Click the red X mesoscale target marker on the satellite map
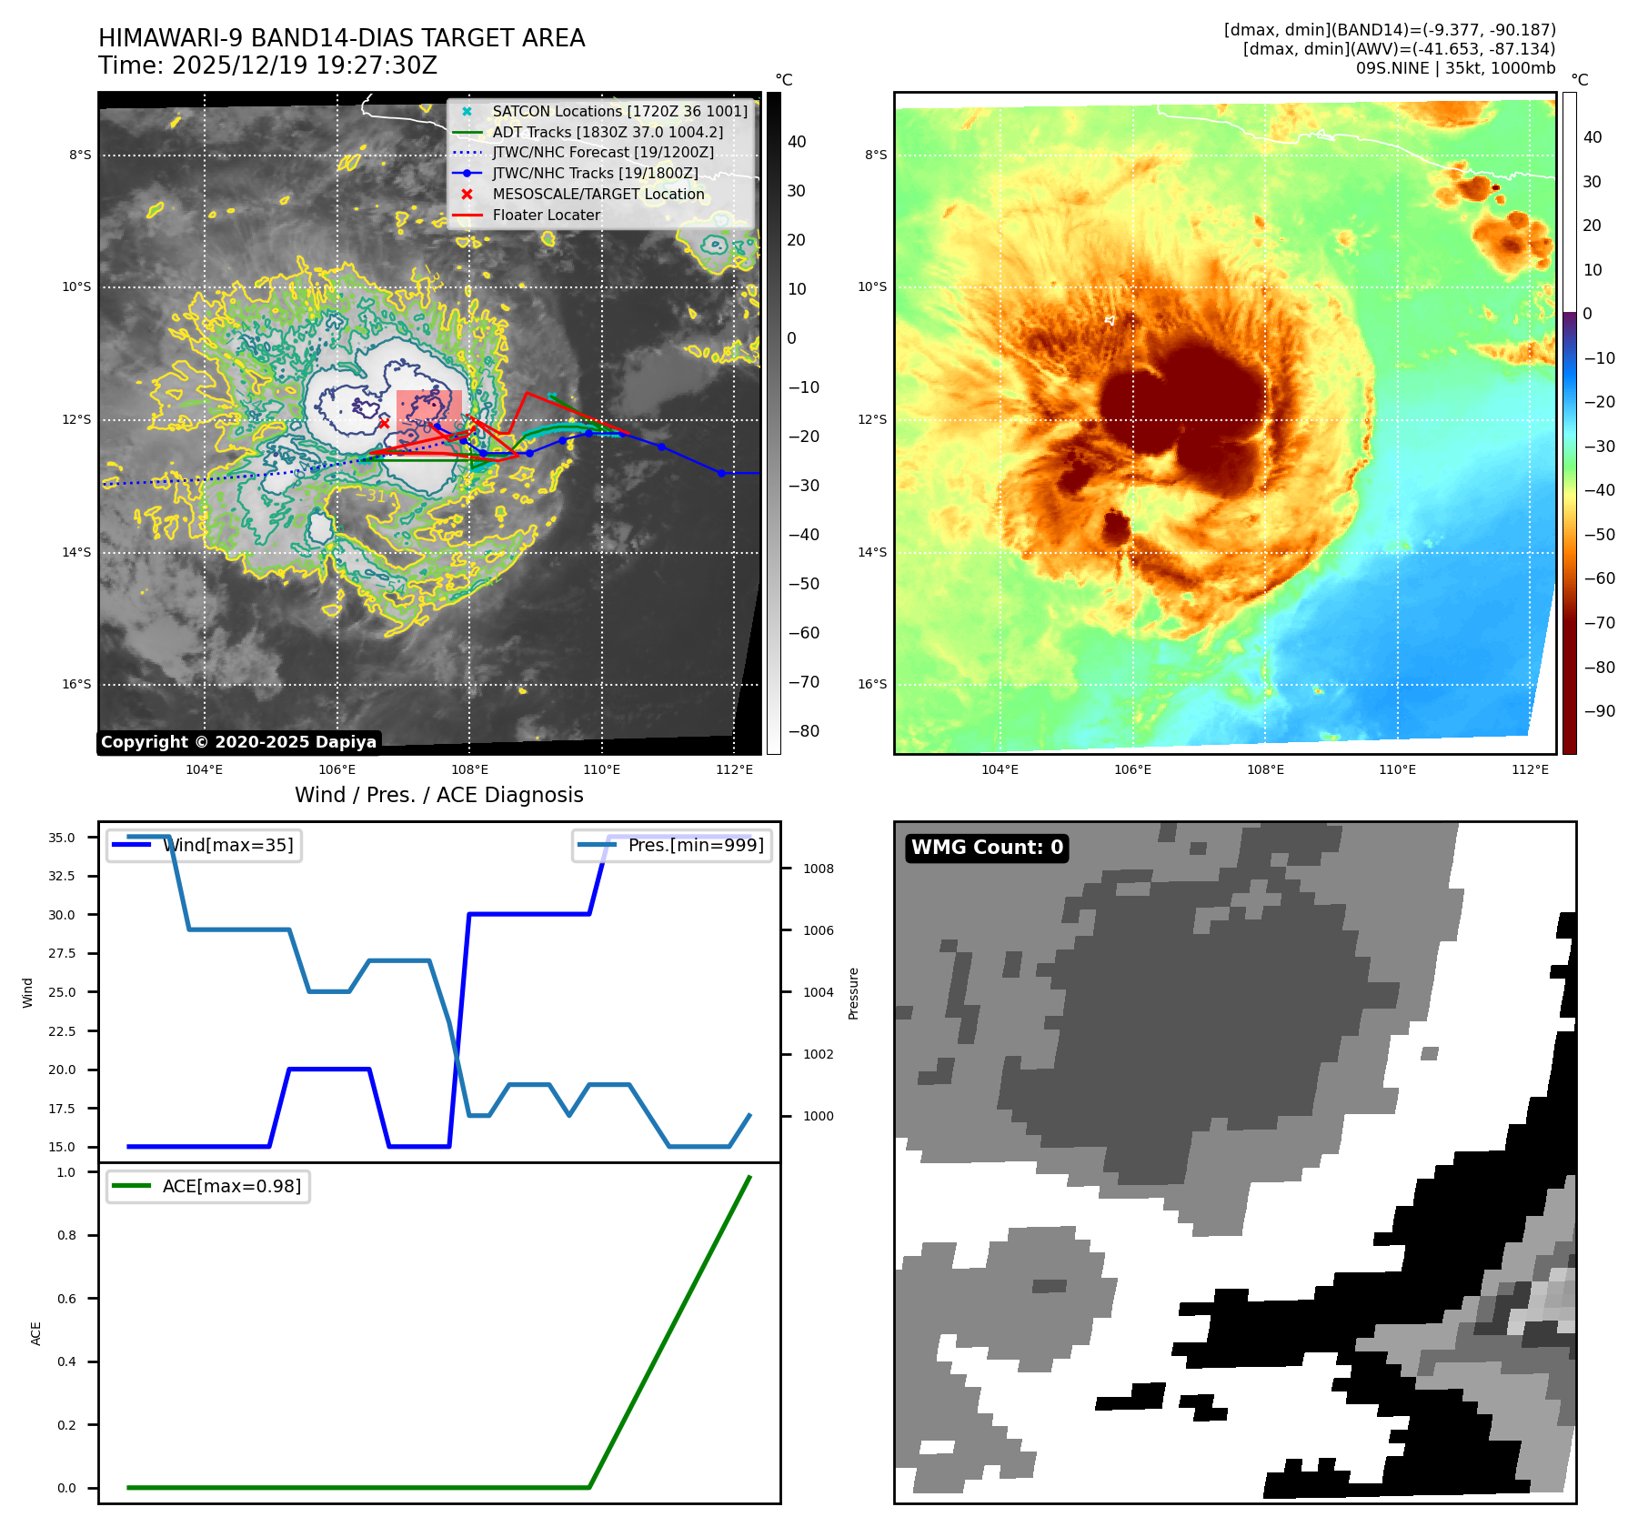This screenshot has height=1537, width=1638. pyautogui.click(x=384, y=424)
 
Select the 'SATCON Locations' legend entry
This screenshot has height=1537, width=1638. pyautogui.click(x=619, y=111)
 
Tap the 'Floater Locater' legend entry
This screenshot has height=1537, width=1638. pyautogui.click(x=546, y=216)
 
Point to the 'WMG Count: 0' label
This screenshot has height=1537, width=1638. pyautogui.click(x=987, y=848)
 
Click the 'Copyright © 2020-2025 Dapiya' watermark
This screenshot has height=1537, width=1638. pyautogui.click(x=238, y=742)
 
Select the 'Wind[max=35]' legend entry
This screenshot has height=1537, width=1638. pyautogui.click(x=227, y=846)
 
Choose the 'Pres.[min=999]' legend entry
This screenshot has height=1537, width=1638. pyautogui.click(x=696, y=846)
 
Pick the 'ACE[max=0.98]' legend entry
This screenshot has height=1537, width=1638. pyautogui.click(x=231, y=1187)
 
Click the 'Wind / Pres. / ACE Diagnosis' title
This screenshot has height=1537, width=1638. pyautogui.click(x=438, y=795)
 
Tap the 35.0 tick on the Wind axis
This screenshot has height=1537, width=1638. pyautogui.click(x=62, y=838)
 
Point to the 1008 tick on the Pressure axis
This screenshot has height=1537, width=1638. pyautogui.click(x=818, y=869)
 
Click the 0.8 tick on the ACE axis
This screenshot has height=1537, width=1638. pyautogui.click(x=66, y=1235)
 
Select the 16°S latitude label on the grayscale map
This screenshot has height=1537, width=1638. pyautogui.click(x=76, y=685)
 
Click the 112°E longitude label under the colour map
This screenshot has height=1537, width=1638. pyautogui.click(x=1530, y=769)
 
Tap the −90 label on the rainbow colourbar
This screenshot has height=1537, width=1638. pyautogui.click(x=1599, y=711)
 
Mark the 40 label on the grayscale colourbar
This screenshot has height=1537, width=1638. pyautogui.click(x=797, y=142)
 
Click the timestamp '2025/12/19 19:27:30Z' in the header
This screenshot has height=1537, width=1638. pyautogui.click(x=304, y=66)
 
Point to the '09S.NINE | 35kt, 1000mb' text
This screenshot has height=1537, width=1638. pyautogui.click(x=1455, y=68)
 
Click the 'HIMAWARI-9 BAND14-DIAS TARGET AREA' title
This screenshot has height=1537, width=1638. pyautogui.click(x=341, y=38)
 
